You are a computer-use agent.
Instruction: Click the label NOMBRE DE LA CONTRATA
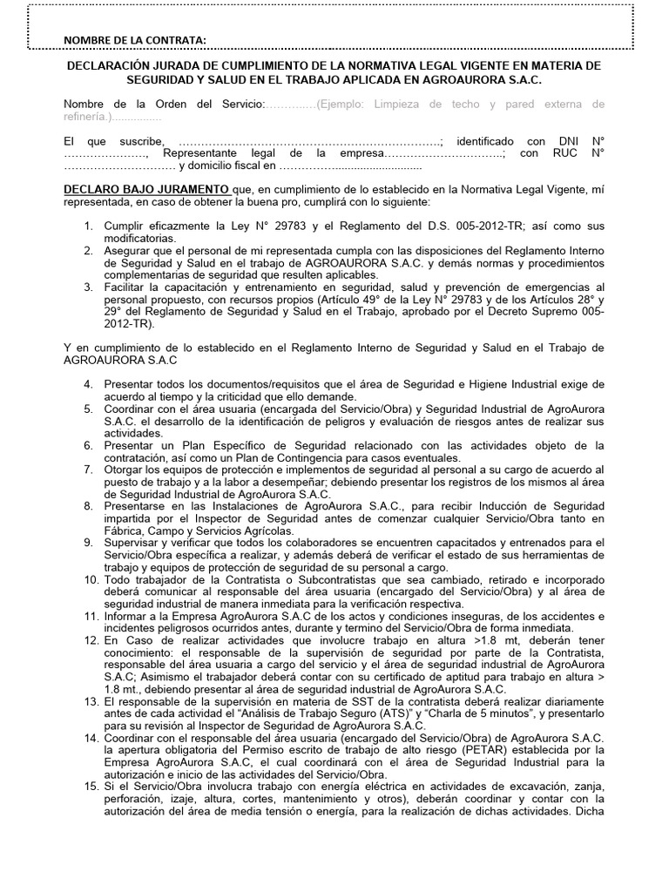135,41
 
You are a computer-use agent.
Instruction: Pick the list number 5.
89,409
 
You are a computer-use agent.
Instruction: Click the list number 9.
89,542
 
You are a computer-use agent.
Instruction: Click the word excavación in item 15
507,787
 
